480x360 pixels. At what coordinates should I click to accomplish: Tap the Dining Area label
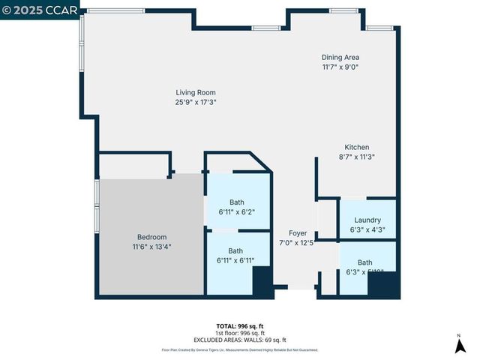click(340, 57)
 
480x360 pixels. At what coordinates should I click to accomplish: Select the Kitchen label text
click(356, 147)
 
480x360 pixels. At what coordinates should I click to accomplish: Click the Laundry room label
click(367, 220)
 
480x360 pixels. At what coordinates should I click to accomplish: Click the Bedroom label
click(151, 237)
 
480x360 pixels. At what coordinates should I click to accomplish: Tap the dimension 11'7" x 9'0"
click(340, 67)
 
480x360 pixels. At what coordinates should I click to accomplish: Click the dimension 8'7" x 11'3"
click(356, 157)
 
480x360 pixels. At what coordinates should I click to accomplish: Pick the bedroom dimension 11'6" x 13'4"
click(151, 246)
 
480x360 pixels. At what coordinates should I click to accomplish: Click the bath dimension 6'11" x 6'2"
click(237, 212)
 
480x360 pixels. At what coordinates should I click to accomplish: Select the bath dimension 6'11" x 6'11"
click(236, 260)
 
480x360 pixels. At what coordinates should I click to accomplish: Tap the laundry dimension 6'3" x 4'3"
click(367, 229)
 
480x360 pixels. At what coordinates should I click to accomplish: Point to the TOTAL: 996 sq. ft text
click(239, 326)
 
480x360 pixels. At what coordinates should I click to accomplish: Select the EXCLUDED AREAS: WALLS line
click(240, 340)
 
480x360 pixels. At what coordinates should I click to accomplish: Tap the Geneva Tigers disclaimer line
click(240, 349)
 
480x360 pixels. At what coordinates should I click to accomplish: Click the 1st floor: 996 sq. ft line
click(239, 333)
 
